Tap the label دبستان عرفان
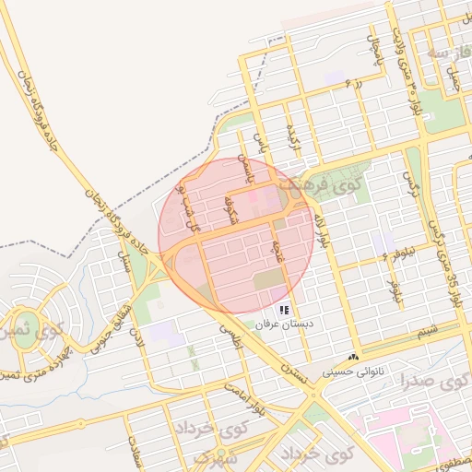click(x=285, y=326)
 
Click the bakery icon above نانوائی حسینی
click(x=354, y=358)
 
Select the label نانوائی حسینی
click(x=354, y=373)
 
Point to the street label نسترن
click(x=292, y=373)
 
